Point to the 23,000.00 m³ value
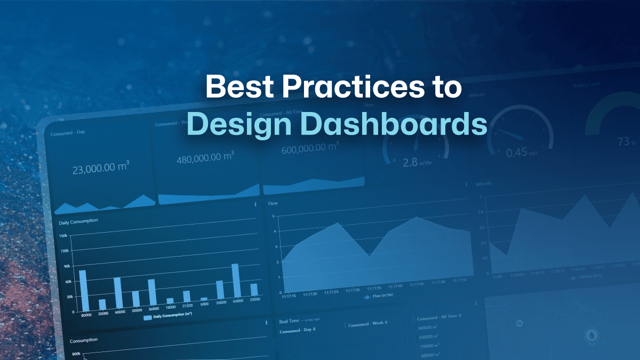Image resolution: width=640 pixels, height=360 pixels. [x=100, y=169]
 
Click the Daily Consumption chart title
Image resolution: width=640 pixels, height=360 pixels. [x=78, y=221]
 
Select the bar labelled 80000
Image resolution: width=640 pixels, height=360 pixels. [x=83, y=291]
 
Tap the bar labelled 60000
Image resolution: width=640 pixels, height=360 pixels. [x=117, y=294]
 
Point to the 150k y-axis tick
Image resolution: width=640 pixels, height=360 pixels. [x=63, y=236]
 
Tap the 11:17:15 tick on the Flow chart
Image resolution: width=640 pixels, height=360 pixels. [x=289, y=296]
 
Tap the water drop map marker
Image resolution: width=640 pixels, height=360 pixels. [x=593, y=335]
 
